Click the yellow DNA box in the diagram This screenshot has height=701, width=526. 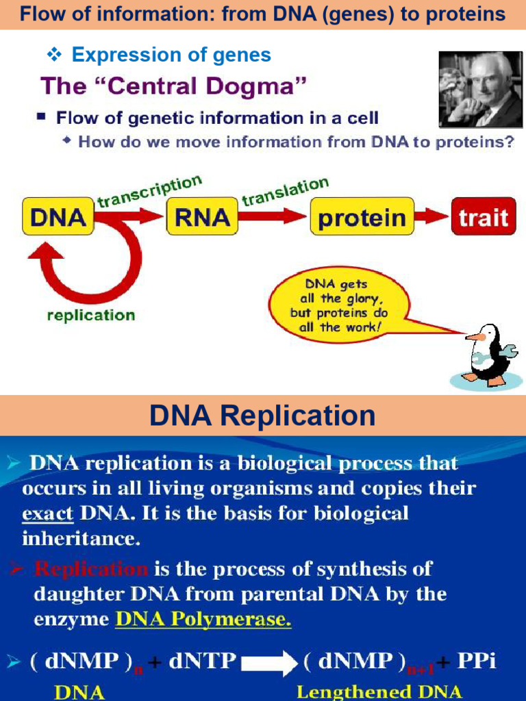click(x=58, y=217)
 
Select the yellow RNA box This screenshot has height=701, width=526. click(x=201, y=217)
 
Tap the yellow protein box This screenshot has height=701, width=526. click(x=362, y=218)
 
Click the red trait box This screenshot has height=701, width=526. click(x=483, y=218)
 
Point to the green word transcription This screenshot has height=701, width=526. click(x=149, y=192)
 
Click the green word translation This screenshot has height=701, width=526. click(x=285, y=192)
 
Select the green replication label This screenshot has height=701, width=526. click(x=90, y=316)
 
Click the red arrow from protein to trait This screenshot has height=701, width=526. click(x=431, y=218)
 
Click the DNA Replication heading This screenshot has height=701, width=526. click(x=262, y=415)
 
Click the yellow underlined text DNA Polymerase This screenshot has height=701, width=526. click(x=203, y=620)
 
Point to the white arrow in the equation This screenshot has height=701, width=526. click(x=268, y=662)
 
